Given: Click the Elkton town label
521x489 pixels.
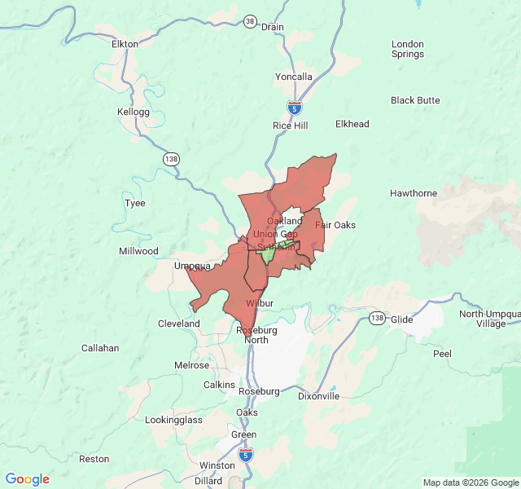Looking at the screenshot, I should coord(125,44).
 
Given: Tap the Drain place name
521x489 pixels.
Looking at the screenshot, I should coord(273,27).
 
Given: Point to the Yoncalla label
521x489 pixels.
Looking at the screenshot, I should coord(293,77).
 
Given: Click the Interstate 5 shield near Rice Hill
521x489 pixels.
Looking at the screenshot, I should coord(295,107).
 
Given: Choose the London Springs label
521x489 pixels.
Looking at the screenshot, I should coord(408,49).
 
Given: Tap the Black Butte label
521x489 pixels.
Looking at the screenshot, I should coord(415,100).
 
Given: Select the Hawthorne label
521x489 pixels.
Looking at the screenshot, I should coord(413,193).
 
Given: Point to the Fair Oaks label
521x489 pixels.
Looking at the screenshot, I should coord(335,225).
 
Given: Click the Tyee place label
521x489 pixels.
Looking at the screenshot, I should coord(134,203).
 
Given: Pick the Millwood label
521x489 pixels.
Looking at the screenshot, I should coord(138,251).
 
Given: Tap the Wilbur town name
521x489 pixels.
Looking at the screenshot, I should coord(259,302).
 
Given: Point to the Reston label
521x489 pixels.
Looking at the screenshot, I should coord(94,459).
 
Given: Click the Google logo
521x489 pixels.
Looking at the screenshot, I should coord(28,479).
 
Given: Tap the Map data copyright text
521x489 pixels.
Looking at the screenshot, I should coord(471,482).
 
